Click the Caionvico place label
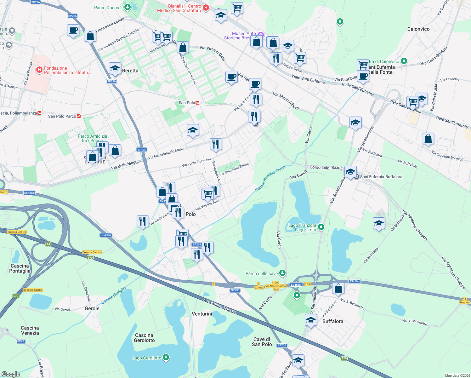coord(418,29)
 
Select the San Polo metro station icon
coord(197,103)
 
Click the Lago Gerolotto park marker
coord(166,358)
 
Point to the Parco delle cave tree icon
coord(282,273)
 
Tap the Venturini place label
coord(202,314)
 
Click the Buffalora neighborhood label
coord(332,321)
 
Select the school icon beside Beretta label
coord(115,68)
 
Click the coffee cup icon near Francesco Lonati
coord(73,31)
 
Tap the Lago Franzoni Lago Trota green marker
coord(321,227)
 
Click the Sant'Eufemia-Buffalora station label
coord(381,177)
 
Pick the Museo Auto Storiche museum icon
coord(260,34)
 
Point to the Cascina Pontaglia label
coord(20,268)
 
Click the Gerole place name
coord(92,308)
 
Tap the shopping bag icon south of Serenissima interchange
coord(338,288)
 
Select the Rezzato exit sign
coord(464,301)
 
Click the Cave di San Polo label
coord(262,342)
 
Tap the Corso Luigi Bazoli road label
coord(326,168)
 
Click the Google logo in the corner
coord(11,374)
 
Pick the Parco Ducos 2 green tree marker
coord(127,7)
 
